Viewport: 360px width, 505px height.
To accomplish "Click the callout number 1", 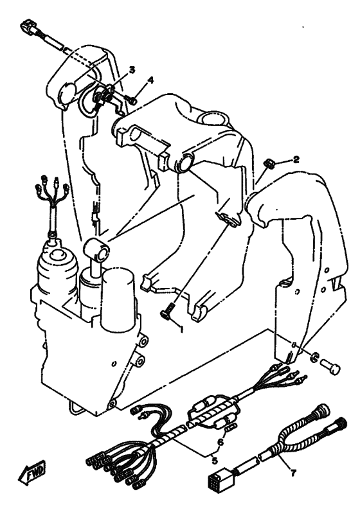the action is pyautogui.click(x=181, y=329).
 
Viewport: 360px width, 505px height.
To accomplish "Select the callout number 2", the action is pyautogui.click(x=296, y=159).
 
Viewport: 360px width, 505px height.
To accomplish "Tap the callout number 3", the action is pyautogui.click(x=132, y=70).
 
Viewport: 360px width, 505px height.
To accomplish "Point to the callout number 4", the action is pyautogui.click(x=150, y=80).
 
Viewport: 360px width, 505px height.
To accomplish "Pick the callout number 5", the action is pyautogui.click(x=214, y=461).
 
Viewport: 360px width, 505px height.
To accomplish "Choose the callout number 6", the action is pyautogui.click(x=221, y=443).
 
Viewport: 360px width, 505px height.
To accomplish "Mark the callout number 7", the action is pyautogui.click(x=293, y=473).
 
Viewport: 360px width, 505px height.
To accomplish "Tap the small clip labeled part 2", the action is pyautogui.click(x=269, y=163).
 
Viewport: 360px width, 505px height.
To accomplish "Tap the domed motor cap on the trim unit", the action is pyautogui.click(x=59, y=261).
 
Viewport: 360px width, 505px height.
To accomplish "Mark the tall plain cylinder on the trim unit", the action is pyautogui.click(x=117, y=299).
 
